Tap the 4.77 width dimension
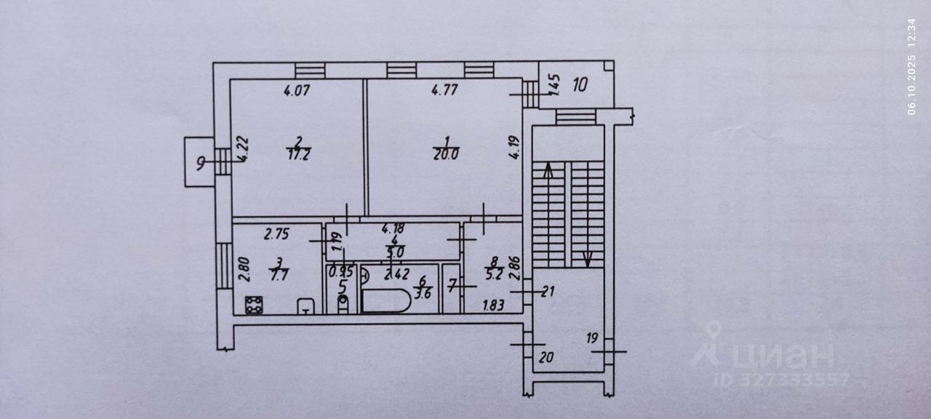(x=444, y=91)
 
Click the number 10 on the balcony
(x=579, y=84)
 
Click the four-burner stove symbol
(x=254, y=306)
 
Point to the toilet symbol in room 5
(x=343, y=302)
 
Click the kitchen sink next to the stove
(x=305, y=306)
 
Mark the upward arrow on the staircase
(x=546, y=172)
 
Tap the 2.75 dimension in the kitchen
(x=276, y=234)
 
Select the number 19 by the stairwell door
(x=591, y=338)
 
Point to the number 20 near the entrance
(x=547, y=356)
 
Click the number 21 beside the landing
(x=548, y=292)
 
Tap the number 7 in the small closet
(x=451, y=287)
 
